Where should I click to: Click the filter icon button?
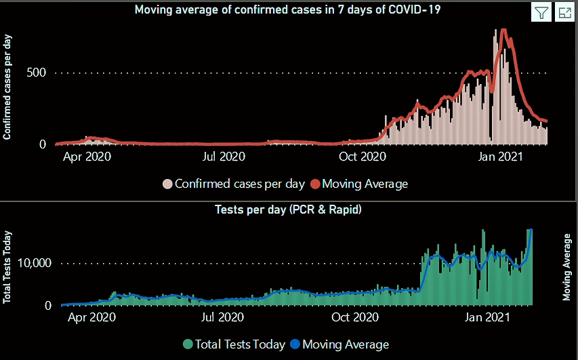(541, 12)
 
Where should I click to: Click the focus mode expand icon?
(564, 12)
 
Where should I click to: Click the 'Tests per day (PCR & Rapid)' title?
(288, 209)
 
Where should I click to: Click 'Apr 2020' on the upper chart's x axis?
(87, 157)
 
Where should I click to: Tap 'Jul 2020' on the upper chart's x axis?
(224, 157)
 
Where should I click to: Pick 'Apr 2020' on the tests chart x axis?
(87, 317)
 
